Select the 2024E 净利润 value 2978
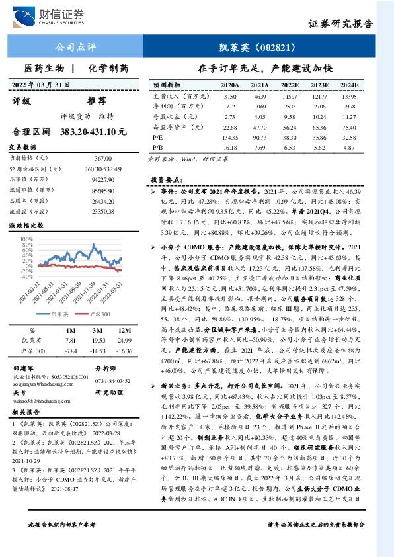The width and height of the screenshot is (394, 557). (x=350, y=106)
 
